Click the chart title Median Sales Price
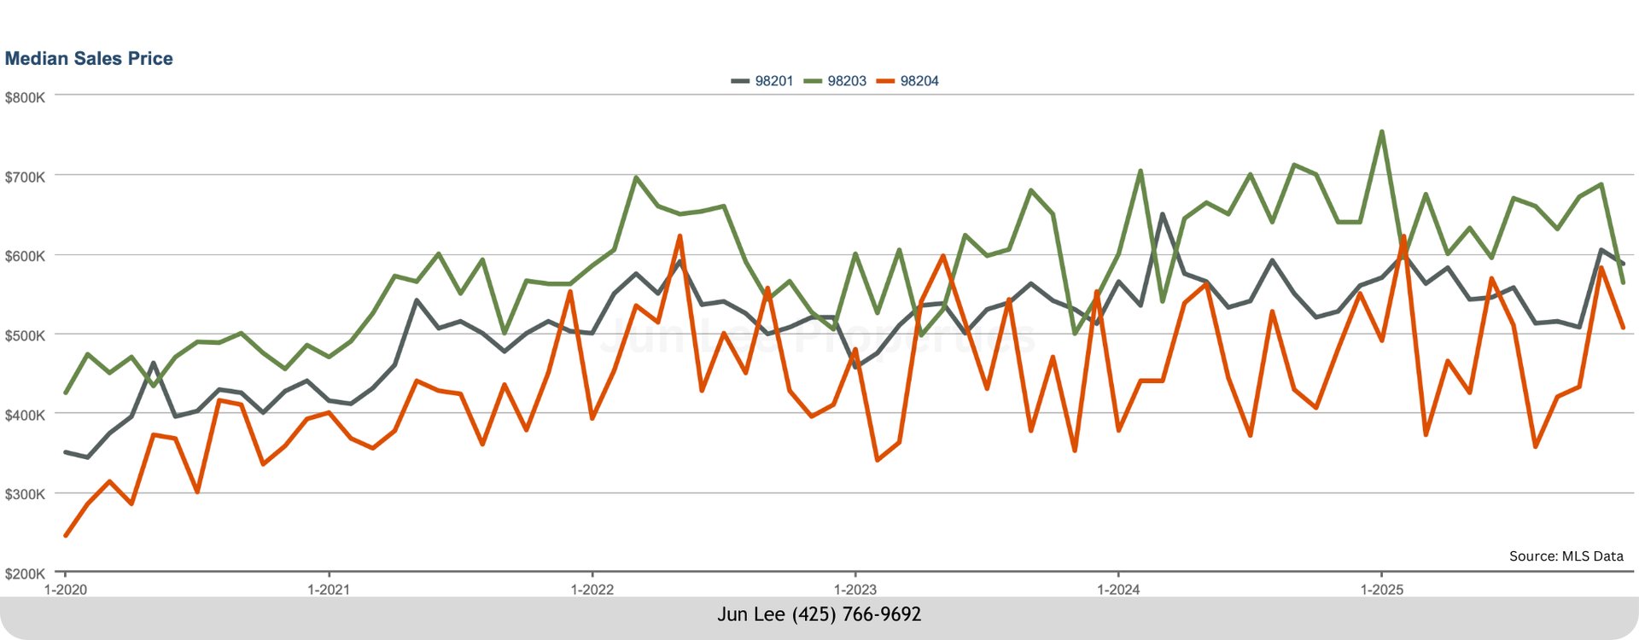[89, 59]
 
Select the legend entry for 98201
[763, 81]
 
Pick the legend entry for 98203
[836, 81]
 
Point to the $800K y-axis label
[25, 98]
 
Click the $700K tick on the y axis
[25, 177]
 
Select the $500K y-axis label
[25, 336]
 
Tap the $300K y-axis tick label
[25, 495]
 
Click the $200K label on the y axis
[25, 574]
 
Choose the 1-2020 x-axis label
[66, 590]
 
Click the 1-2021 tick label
[329, 590]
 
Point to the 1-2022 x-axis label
[592, 590]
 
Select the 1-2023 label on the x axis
[854, 590]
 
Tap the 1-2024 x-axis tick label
[1118, 590]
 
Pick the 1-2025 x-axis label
[1381, 590]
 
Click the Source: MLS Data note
[1566, 556]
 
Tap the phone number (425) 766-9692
[856, 614]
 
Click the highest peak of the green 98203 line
[1381, 131]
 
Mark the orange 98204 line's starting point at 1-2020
[66, 536]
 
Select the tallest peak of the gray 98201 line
[1162, 214]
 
